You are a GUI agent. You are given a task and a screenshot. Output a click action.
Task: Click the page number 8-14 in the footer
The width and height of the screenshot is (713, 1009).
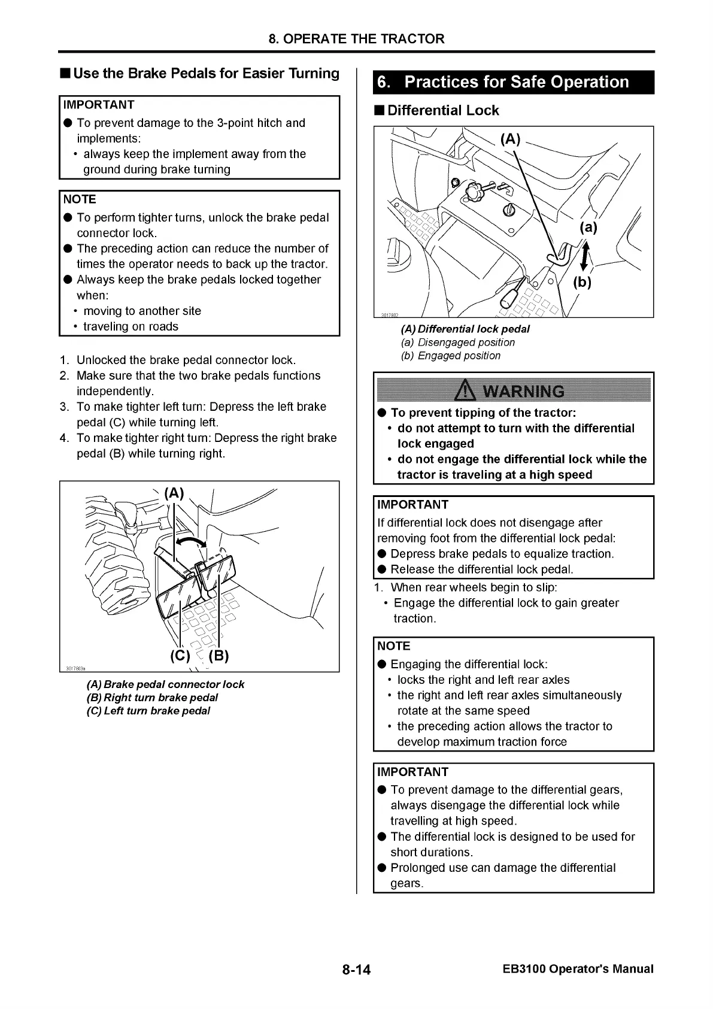pos(357,969)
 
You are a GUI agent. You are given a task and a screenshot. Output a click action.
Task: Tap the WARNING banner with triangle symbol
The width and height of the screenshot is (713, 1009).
pos(513,391)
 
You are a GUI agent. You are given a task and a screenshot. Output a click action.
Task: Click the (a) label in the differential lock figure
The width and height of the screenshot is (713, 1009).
pos(587,228)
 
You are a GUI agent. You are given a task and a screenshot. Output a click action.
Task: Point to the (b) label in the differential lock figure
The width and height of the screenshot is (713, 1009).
pos(582,282)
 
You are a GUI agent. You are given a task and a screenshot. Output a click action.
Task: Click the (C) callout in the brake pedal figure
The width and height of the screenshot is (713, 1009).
pos(180,655)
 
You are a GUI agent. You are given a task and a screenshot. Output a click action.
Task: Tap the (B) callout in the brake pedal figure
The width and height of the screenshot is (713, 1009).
pos(219,655)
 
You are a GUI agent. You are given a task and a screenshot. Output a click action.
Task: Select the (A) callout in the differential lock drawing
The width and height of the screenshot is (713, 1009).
pos(510,140)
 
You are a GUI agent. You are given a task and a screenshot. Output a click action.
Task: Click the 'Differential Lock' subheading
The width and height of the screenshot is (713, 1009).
pos(442,110)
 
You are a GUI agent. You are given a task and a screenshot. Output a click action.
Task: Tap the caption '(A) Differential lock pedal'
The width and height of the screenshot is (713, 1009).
pos(465,329)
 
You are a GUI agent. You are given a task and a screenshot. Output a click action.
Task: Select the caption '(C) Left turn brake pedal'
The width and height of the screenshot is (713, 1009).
pos(148,711)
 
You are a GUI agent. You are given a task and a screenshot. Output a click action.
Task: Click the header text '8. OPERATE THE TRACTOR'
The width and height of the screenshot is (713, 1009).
pos(356,39)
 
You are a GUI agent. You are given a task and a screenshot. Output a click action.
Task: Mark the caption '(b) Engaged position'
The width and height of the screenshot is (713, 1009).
pos(450,356)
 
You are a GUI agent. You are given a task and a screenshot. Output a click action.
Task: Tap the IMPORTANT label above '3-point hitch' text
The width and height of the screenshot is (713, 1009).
pos(99,105)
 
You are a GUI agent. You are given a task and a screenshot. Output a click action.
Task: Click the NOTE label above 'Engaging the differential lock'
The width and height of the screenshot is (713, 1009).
pos(394,646)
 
